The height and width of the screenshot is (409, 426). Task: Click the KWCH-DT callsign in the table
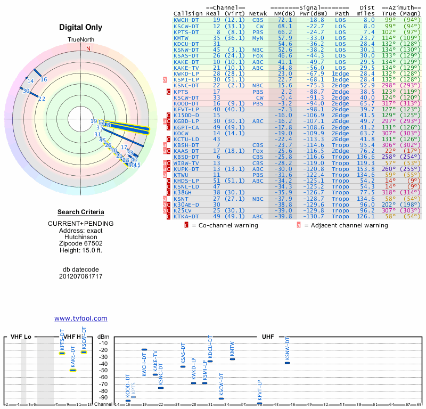pyautogui.click(x=186, y=20)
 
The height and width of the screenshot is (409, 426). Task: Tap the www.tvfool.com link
pyautogui.click(x=81, y=318)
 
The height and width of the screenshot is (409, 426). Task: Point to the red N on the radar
pyautogui.click(x=88, y=48)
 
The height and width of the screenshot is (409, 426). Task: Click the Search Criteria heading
pyautogui.click(x=81, y=212)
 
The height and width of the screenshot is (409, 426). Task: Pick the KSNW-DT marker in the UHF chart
pyautogui.click(x=287, y=363)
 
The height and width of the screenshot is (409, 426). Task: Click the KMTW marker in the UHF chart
pyautogui.click(x=232, y=359)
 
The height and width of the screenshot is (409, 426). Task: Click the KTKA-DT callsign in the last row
pyautogui.click(x=186, y=217)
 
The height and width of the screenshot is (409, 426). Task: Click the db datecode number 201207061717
pyautogui.click(x=81, y=276)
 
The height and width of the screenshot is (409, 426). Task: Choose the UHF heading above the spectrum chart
pyautogui.click(x=267, y=337)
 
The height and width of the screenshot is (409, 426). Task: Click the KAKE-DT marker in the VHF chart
pyautogui.click(x=73, y=370)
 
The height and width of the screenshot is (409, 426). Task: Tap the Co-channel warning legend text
pyautogui.click(x=229, y=225)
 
